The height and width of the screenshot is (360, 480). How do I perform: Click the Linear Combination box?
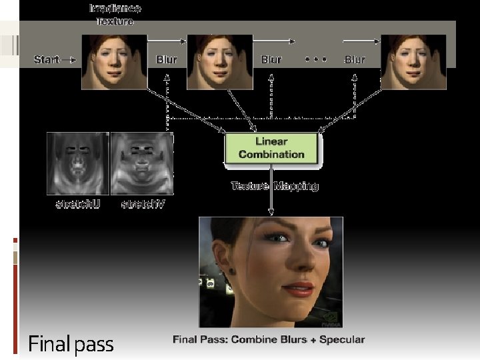[x=271, y=148]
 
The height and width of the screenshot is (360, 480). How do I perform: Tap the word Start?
[x=47, y=60]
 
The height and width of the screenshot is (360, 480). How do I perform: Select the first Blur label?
[x=167, y=59]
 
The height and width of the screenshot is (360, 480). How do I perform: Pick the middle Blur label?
[x=271, y=59]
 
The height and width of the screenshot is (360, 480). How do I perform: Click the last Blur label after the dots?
[x=355, y=59]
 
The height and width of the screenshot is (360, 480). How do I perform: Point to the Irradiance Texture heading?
[x=115, y=15]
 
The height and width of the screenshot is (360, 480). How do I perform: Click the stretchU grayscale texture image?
[x=77, y=163]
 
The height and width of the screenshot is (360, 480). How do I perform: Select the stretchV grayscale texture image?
[x=142, y=163]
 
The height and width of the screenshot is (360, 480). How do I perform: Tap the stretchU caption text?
[x=77, y=203]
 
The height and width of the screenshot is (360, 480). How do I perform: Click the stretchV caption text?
[x=142, y=203]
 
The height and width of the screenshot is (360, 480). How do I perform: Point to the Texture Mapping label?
[x=275, y=186]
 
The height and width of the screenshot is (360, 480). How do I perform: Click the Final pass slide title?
[x=71, y=345]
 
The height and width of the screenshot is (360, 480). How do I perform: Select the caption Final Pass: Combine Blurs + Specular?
[x=269, y=340]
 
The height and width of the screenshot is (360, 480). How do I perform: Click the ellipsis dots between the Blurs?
[x=315, y=59]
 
